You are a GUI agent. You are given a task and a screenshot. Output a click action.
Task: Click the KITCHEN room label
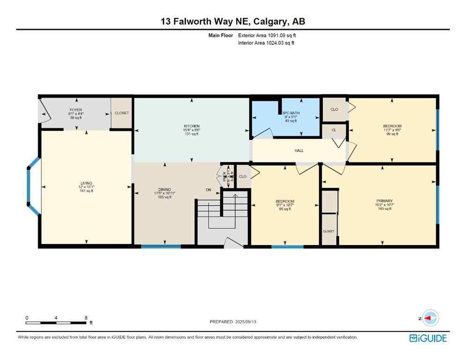tap(192, 126)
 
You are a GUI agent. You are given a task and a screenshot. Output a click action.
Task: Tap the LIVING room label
tap(86, 183)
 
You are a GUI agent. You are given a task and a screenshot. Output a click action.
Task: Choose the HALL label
tap(299, 150)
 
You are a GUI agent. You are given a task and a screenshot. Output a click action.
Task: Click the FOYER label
tap(76, 110)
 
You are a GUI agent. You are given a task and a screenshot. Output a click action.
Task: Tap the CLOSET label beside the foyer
tap(122, 113)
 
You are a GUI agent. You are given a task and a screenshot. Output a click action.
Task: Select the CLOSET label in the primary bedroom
tap(329, 232)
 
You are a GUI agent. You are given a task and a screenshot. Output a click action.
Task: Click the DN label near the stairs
tap(208, 190)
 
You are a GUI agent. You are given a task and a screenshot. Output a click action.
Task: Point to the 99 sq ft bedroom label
tap(392, 126)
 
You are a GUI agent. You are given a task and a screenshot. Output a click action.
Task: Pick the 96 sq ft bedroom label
tap(285, 202)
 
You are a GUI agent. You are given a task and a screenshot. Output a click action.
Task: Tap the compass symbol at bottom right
tap(429, 318)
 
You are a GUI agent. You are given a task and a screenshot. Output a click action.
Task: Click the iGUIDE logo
tap(428, 338)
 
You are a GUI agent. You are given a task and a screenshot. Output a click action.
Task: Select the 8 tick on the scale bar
tap(86, 318)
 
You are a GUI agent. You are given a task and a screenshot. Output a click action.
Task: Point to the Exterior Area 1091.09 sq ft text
tap(267, 35)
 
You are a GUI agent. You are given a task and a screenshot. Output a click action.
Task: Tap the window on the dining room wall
tap(161, 246)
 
